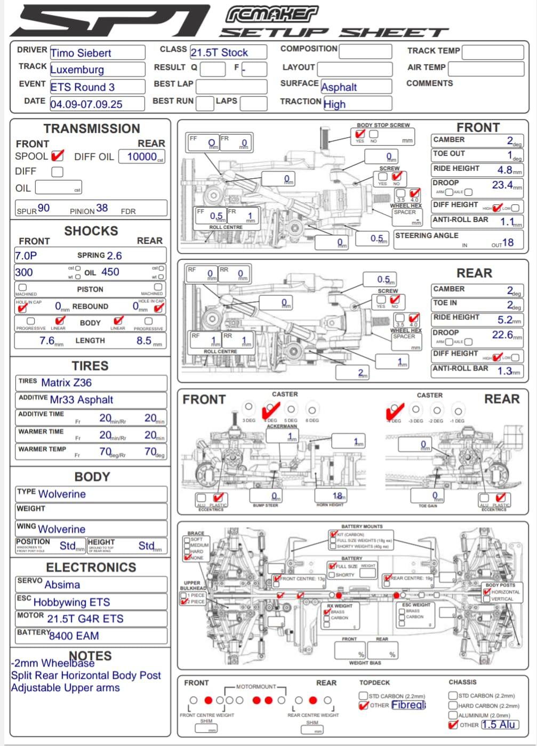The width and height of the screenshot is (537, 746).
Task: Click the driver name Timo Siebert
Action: [81, 53]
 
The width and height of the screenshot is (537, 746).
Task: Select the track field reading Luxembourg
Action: [77, 70]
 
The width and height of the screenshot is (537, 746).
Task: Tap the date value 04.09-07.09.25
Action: [86, 104]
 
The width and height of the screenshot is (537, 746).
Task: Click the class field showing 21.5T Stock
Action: [219, 52]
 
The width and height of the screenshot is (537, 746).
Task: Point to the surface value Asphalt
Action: [339, 87]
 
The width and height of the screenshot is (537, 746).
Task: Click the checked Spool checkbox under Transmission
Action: [57, 156]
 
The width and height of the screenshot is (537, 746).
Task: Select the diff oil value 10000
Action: [142, 156]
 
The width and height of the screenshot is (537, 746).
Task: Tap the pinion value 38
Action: [102, 208]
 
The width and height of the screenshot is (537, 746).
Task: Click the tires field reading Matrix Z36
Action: [67, 383]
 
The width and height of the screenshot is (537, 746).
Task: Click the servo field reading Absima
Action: [62, 585]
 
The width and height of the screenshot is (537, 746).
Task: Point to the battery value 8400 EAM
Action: [74, 636]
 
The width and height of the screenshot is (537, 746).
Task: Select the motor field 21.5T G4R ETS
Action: [85, 619]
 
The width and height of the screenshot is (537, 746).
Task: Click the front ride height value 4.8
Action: [504, 170]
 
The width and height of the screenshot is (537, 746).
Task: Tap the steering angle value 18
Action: [508, 242]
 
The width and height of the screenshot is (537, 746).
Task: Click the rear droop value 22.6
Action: [502, 335]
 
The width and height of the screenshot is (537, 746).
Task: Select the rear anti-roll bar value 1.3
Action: [504, 371]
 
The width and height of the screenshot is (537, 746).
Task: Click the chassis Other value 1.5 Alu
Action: [498, 725]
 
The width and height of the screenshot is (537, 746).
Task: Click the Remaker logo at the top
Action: [271, 14]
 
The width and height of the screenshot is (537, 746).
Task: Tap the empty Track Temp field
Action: [492, 52]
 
